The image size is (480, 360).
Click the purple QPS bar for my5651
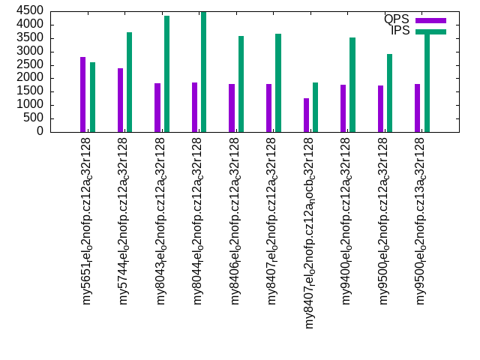pos(83,94)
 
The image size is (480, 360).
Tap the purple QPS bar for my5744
pos(120,100)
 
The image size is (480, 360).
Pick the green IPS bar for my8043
pos(166,73)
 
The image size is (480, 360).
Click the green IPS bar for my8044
pos(203,72)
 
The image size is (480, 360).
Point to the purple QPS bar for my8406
pos(232,108)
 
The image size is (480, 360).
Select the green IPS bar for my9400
pos(352,85)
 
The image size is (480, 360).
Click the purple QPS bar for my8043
pos(157,107)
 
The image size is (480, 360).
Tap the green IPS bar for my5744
pos(129,82)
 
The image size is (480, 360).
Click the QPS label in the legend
pos(396,19)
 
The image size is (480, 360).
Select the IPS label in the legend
pos(400,31)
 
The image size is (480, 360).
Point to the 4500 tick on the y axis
pos(31,11)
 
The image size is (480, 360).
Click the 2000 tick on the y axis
pos(31,78)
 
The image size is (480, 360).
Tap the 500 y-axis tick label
pos(34,118)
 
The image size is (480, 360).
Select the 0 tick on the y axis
pos(42,132)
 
